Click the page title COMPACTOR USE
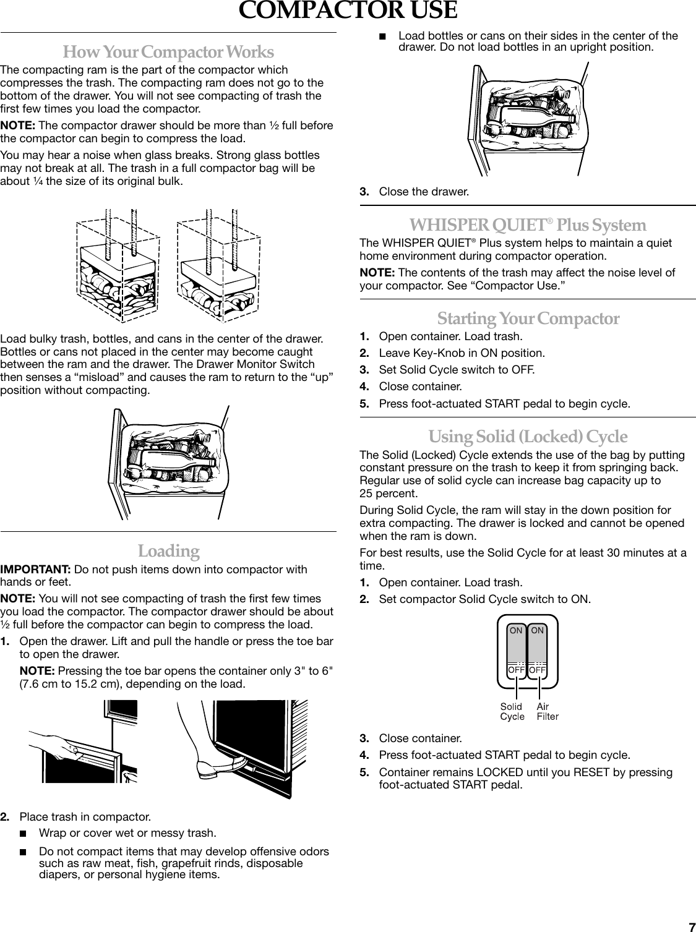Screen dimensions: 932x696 click(348, 12)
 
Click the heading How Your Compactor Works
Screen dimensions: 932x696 click(168, 51)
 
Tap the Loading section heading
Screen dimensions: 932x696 click(168, 550)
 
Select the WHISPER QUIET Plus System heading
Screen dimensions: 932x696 click(528, 224)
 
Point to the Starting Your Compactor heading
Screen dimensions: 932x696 click(528, 319)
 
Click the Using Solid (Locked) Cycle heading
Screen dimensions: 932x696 click(528, 437)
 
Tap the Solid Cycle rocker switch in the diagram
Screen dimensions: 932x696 click(516, 651)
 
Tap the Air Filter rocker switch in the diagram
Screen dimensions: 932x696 click(538, 651)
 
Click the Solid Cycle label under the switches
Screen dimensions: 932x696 click(512, 711)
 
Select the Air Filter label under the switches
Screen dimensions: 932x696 click(547, 711)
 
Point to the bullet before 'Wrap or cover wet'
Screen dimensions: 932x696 click(24, 832)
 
